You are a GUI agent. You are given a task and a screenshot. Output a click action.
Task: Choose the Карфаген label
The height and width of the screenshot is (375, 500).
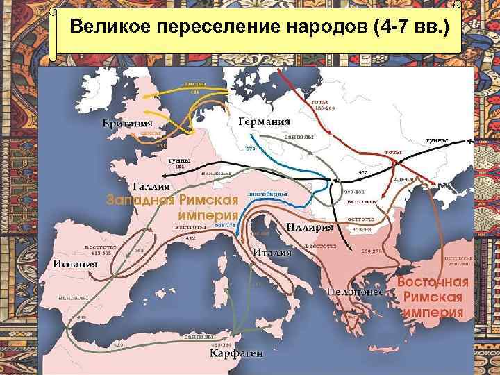pos(237,353)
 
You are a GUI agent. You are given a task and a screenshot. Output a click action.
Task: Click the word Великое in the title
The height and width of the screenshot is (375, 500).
pos(110,31)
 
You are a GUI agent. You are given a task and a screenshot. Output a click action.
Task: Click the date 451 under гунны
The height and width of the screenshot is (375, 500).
pos(178,166)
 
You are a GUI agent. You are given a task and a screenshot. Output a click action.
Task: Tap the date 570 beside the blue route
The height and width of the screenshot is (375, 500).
pos(251,149)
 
